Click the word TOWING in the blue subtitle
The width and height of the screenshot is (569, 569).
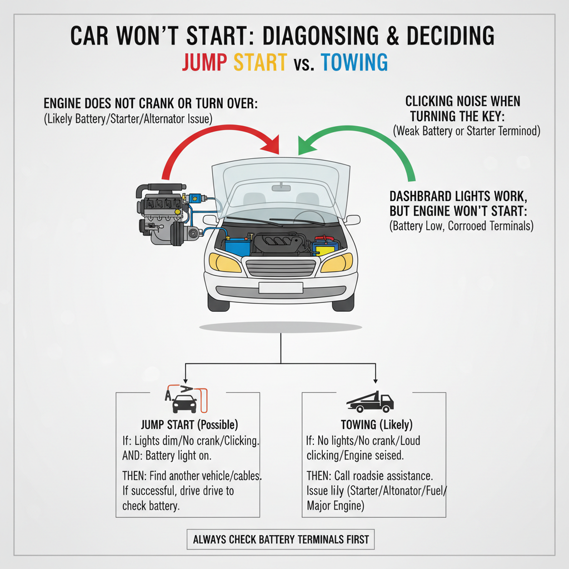354,63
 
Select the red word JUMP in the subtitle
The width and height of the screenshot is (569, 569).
204,63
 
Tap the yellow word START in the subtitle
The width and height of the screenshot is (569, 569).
259,63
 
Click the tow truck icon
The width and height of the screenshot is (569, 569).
370,401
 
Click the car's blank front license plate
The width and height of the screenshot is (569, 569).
281,287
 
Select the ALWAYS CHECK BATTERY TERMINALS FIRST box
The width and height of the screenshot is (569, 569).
281,539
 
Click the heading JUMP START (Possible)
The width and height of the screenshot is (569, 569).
189,425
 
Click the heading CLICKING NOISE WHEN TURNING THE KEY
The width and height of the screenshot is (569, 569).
462,109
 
